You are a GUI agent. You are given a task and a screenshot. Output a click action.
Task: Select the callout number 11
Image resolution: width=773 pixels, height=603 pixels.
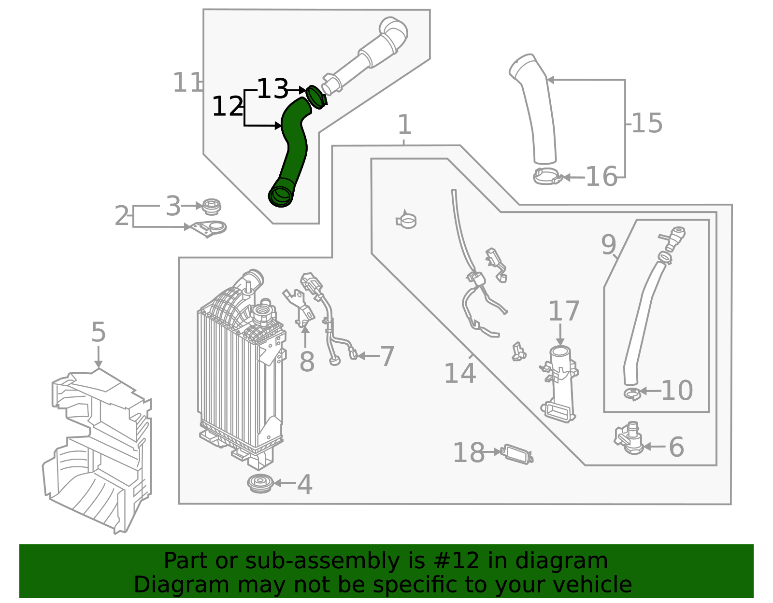(x=186, y=83)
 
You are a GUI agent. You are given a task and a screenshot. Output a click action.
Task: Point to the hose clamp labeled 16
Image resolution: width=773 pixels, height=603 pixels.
(x=547, y=177)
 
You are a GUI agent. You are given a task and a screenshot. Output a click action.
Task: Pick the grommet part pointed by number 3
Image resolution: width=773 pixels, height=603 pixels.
(x=212, y=207)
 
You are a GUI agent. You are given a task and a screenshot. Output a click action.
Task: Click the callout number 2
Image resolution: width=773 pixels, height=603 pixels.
(x=122, y=216)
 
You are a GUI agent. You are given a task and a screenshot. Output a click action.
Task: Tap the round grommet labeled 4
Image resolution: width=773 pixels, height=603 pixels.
(x=260, y=483)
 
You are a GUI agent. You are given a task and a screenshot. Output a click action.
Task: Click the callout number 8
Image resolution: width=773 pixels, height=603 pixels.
(x=307, y=361)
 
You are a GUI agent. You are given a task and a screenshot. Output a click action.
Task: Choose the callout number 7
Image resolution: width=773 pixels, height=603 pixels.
(x=387, y=356)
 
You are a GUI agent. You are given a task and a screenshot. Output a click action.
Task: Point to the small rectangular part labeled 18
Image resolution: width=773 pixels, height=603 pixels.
(x=517, y=453)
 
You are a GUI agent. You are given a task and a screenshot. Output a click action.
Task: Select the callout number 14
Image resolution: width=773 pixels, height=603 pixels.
(x=459, y=373)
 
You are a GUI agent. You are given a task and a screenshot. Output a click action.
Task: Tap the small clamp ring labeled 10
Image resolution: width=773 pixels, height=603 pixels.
(x=631, y=394)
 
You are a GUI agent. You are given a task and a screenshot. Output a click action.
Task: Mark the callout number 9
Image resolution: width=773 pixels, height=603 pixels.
(x=608, y=244)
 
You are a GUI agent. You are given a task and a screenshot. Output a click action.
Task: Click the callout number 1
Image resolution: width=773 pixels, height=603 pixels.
(x=404, y=125)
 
